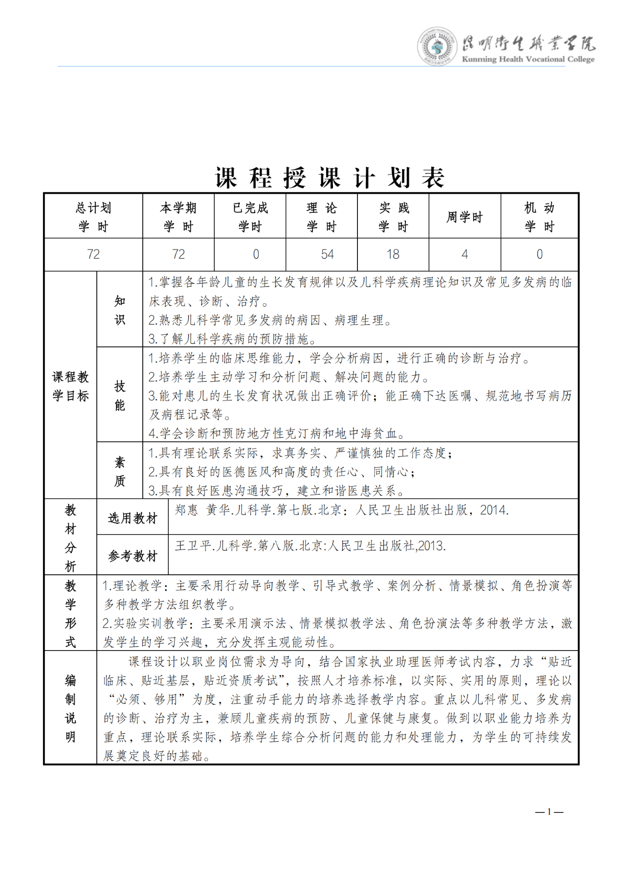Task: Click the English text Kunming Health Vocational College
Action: click(x=528, y=59)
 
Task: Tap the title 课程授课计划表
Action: click(x=330, y=178)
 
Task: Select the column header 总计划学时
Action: click(x=93, y=217)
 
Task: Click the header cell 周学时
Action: click(x=465, y=217)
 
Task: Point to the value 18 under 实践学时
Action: click(x=393, y=254)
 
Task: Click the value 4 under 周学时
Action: click(x=465, y=254)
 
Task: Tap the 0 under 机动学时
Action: click(x=539, y=254)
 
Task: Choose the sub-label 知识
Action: click(x=120, y=310)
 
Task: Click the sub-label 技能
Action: click(x=120, y=395)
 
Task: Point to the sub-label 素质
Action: click(x=120, y=471)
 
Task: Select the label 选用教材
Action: click(x=133, y=518)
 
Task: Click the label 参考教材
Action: click(x=133, y=556)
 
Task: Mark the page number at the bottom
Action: click(x=549, y=812)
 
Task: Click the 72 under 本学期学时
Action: click(x=178, y=254)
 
